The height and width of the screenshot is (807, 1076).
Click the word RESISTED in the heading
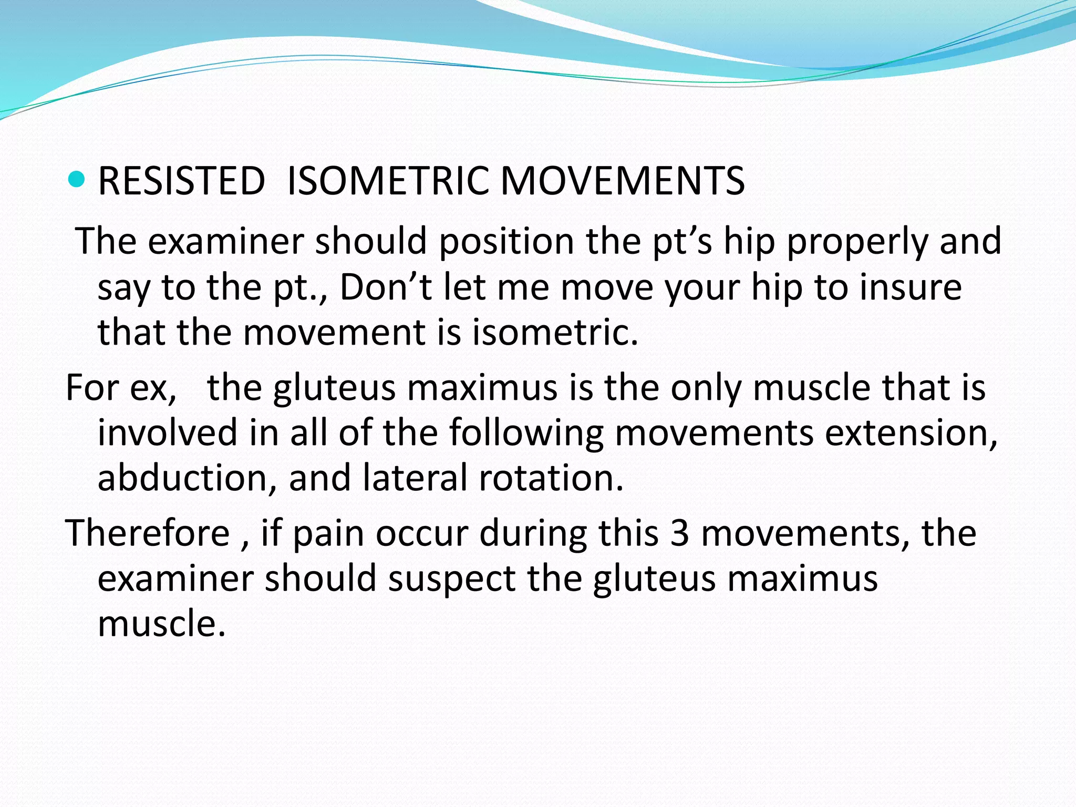(181, 181)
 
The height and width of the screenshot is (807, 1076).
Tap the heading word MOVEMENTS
(623, 181)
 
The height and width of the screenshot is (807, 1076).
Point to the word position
(506, 242)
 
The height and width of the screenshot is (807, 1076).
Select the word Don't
(386, 287)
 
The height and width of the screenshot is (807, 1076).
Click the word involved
(168, 433)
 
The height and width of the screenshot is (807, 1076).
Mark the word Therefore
(148, 534)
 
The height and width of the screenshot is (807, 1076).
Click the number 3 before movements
(679, 534)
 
